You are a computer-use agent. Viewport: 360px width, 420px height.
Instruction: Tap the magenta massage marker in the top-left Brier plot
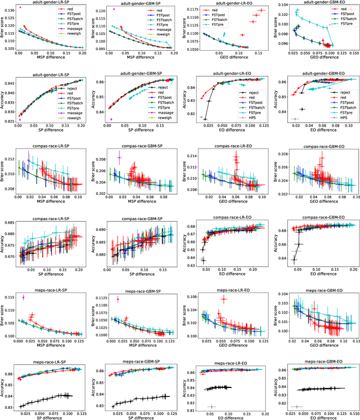20,7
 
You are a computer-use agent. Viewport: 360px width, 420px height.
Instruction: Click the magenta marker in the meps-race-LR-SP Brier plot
23,297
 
